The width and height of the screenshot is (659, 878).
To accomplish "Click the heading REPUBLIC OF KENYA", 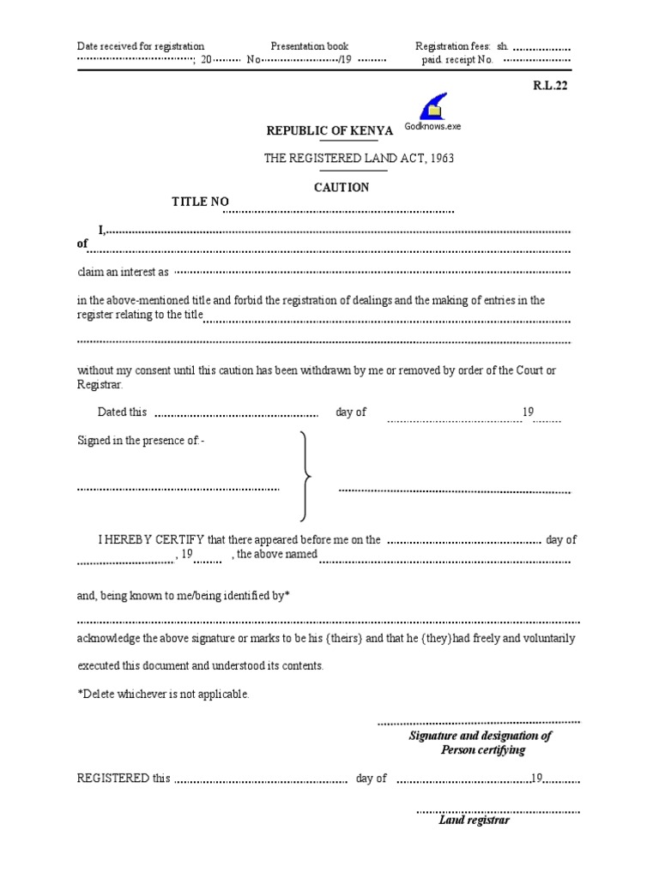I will (329, 130).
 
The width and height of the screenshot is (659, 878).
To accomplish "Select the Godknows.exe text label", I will (432, 126).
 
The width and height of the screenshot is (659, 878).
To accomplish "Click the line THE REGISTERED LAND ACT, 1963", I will (359, 159).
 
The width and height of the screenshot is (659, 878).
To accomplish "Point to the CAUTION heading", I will (342, 187).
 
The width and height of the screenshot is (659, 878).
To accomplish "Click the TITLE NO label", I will (201, 201).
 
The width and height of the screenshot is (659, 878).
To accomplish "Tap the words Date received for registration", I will (141, 46).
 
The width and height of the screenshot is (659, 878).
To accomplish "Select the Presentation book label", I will (310, 46).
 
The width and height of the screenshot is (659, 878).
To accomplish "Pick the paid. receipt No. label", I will (456, 61).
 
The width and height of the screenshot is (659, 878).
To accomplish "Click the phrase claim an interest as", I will (123, 272).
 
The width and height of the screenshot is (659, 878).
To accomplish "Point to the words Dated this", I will (122, 412).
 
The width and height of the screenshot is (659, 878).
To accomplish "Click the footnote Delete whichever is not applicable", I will (163, 694).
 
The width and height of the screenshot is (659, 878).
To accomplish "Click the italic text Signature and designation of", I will (480, 736).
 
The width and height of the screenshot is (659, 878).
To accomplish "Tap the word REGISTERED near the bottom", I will (113, 779).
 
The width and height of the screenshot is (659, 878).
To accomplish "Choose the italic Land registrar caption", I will (474, 820).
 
